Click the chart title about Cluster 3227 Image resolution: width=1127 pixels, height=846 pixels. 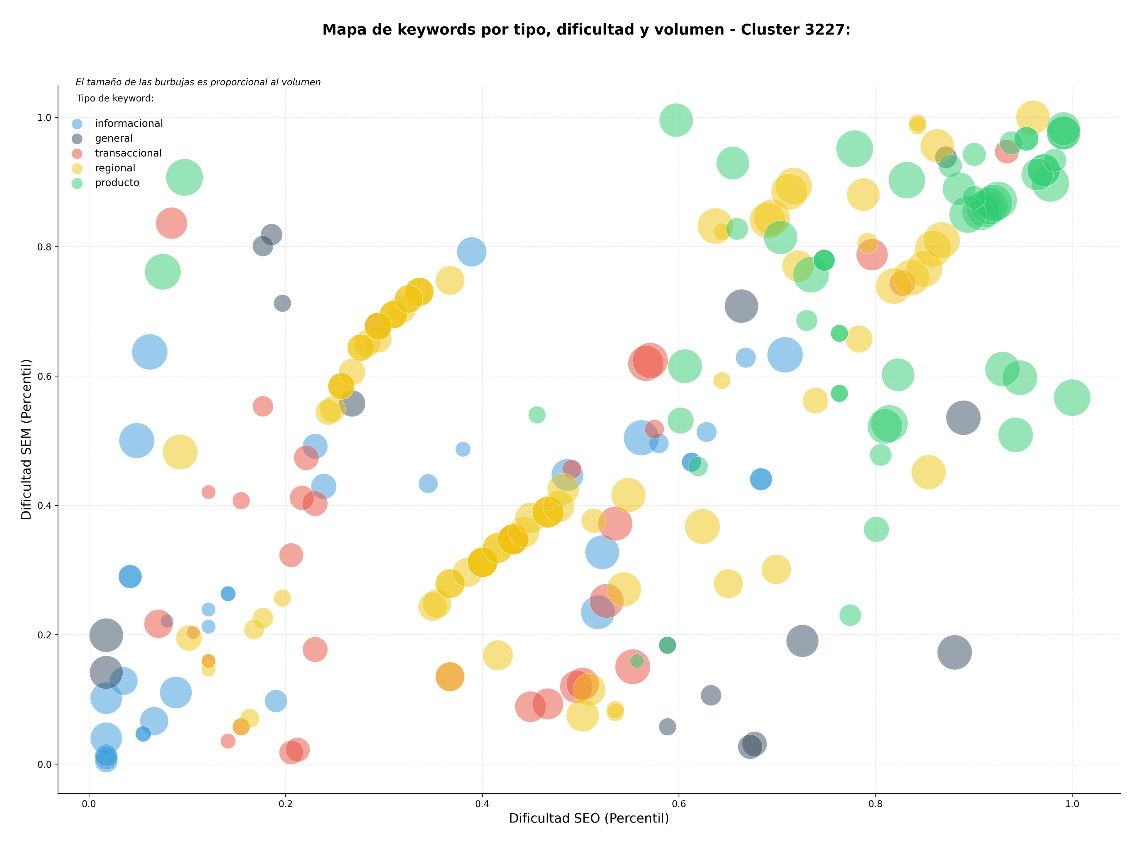(586, 30)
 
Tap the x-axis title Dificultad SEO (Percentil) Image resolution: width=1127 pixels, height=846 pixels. (589, 818)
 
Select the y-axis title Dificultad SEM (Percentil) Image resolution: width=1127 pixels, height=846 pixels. (26, 439)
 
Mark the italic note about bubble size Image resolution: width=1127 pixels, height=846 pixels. (198, 82)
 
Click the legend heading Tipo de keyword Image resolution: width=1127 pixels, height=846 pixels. (115, 98)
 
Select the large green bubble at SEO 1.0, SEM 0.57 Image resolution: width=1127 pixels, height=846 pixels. (1072, 398)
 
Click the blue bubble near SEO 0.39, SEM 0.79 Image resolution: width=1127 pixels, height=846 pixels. (471, 251)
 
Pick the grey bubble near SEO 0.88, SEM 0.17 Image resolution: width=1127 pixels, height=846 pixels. (954, 652)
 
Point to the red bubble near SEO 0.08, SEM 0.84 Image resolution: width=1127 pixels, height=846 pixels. (171, 223)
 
